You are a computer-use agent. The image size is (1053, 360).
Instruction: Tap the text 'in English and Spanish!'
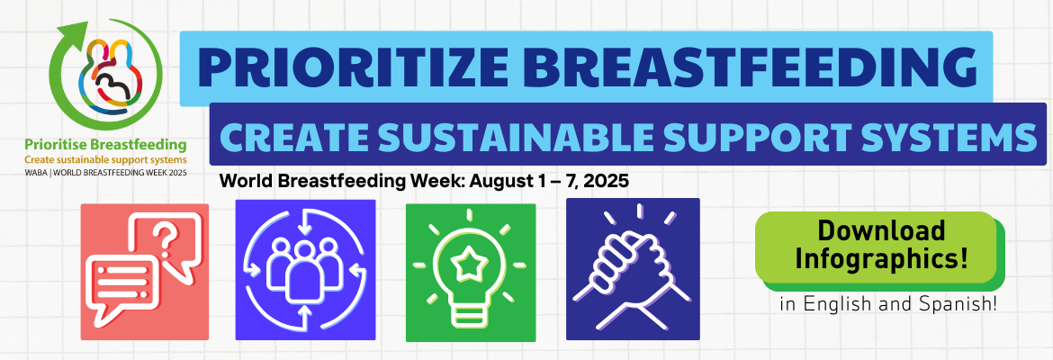pos(887,303)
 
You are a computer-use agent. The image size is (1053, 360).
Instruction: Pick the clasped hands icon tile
pos(634,269)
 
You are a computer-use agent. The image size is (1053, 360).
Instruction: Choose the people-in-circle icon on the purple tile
pos(306,269)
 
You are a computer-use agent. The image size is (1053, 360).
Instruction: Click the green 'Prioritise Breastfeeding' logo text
pos(105,144)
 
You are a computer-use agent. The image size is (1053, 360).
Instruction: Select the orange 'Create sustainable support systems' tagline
pos(105,160)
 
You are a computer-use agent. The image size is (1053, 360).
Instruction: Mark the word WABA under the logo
pos(34,172)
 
